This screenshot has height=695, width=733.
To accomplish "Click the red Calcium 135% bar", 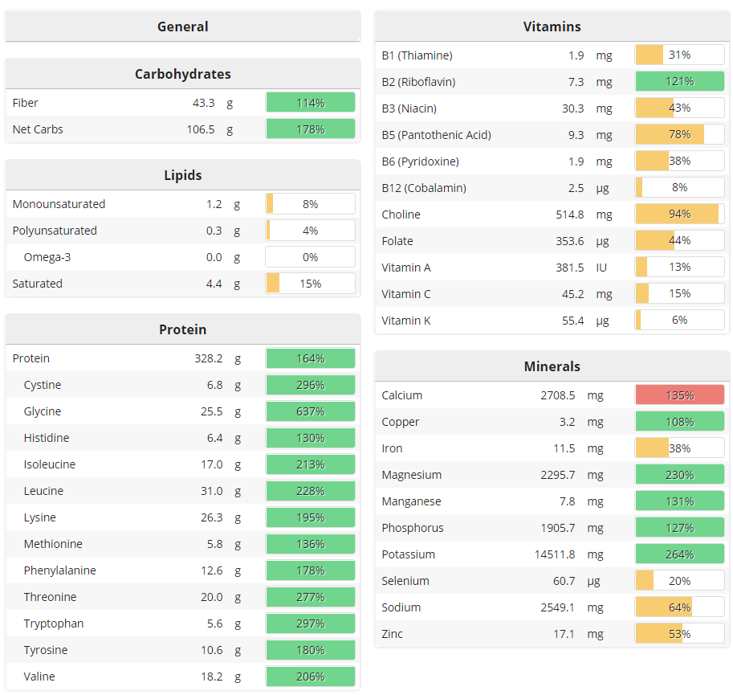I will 679,395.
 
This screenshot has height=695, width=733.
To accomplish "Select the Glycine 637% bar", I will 310,411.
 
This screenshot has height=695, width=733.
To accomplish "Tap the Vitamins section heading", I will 552,27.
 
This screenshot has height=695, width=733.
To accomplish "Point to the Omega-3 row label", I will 47,257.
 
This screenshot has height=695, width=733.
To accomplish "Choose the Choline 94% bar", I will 679,215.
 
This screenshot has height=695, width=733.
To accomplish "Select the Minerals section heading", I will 552,366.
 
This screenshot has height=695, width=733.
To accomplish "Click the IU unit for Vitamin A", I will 601,268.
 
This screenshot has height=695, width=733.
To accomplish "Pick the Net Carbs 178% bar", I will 310,129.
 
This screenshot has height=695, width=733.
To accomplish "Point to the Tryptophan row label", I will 54,623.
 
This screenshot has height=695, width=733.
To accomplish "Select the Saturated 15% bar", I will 310,284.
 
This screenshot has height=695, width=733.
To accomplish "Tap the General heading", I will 182,27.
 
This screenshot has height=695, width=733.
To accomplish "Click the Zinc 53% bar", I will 679,634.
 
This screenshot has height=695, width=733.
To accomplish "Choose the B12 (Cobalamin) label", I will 424,188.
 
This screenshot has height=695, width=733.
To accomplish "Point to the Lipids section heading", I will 182,175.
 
